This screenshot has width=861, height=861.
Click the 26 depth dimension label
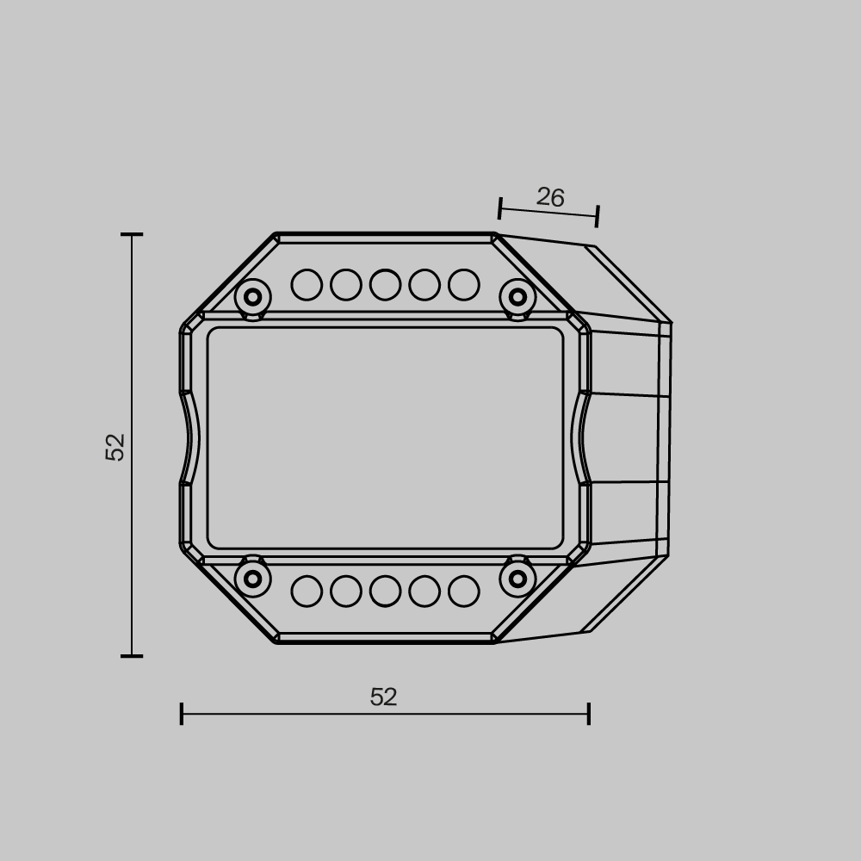(550, 198)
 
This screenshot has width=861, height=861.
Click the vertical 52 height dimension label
(115, 447)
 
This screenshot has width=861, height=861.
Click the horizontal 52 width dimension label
(383, 697)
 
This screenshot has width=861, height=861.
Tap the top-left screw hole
(252, 297)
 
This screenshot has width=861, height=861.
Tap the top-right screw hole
(517, 297)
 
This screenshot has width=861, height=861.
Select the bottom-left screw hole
(252, 579)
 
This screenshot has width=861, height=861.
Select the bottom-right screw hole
(517, 579)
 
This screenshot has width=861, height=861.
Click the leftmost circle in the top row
(307, 285)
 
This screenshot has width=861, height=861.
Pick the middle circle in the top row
(385, 285)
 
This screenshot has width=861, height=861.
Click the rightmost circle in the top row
(464, 285)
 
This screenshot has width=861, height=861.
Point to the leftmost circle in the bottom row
(307, 592)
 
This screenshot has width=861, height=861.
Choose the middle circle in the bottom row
(385, 592)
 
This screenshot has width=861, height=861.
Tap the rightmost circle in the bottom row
(464, 592)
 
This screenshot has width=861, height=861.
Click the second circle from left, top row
(346, 285)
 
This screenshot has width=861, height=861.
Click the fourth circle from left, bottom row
(424, 592)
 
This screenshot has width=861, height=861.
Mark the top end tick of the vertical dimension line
(132, 234)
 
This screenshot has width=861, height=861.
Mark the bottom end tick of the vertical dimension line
(132, 656)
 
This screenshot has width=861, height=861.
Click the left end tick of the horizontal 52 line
(182, 714)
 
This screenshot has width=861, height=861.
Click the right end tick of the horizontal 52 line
(589, 714)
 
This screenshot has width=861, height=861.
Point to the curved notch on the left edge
(190, 437)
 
